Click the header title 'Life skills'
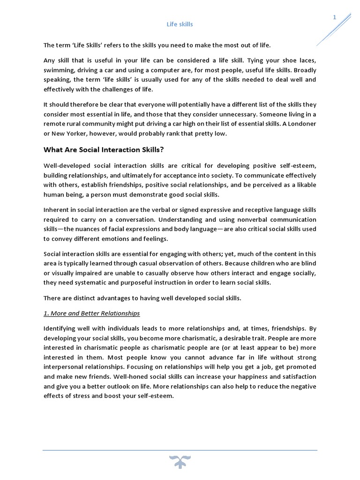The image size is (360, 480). (x=180, y=24)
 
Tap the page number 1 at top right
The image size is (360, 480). (x=335, y=17)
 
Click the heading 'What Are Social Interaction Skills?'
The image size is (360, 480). (x=104, y=150)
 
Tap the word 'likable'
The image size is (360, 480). (x=305, y=185)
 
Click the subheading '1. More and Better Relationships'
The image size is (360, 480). (x=92, y=313)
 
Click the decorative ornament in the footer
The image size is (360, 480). (x=180, y=461)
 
